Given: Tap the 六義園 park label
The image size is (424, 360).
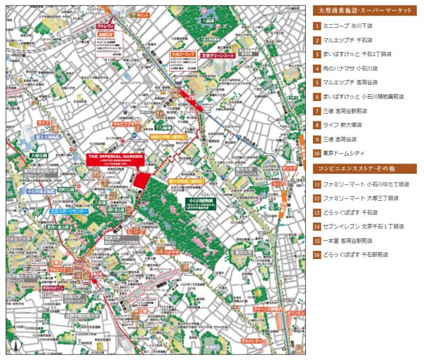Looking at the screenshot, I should click(x=208, y=21).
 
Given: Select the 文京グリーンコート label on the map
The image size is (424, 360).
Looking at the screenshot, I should click(x=214, y=55).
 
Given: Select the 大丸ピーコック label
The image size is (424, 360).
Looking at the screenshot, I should click(x=183, y=55).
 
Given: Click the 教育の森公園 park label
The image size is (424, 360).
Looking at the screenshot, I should click(x=59, y=227).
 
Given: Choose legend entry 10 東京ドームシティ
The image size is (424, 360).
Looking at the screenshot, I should click(x=340, y=153).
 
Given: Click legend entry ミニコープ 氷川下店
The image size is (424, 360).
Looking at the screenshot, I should click(x=348, y=26).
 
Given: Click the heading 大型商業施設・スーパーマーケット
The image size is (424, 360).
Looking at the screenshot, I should click(x=365, y=10).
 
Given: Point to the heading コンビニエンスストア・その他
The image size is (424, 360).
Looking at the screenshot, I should click(x=365, y=169).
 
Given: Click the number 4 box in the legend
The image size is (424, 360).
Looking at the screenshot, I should click(x=316, y=69).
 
